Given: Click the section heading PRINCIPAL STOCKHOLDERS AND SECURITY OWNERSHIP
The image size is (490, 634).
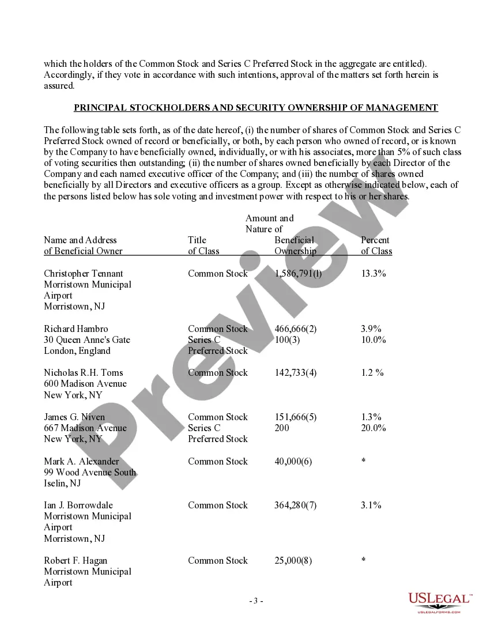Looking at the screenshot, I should [x=256, y=108].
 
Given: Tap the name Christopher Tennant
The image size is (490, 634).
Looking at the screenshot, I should [x=84, y=273].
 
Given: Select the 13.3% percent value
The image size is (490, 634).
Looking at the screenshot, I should [x=374, y=273].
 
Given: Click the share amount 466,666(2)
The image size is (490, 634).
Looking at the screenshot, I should [x=296, y=329].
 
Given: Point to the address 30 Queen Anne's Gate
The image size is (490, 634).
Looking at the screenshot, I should [x=87, y=339].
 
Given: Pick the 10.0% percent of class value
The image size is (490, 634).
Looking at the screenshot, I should [x=374, y=339].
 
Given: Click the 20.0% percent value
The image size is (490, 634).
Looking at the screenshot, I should [x=374, y=428].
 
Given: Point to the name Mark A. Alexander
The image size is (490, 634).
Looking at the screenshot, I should [x=82, y=461].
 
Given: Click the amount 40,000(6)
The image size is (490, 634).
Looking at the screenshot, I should [x=293, y=461].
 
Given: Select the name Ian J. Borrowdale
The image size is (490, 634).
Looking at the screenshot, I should [x=78, y=505].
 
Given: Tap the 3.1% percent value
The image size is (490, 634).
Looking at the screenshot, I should [x=371, y=505].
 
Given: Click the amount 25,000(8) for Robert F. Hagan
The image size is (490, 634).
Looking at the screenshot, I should [x=293, y=560].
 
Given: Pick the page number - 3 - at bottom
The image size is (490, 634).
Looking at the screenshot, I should [x=256, y=601].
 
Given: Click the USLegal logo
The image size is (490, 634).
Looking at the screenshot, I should [x=440, y=602].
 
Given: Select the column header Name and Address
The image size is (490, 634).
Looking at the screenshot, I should [x=80, y=240].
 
